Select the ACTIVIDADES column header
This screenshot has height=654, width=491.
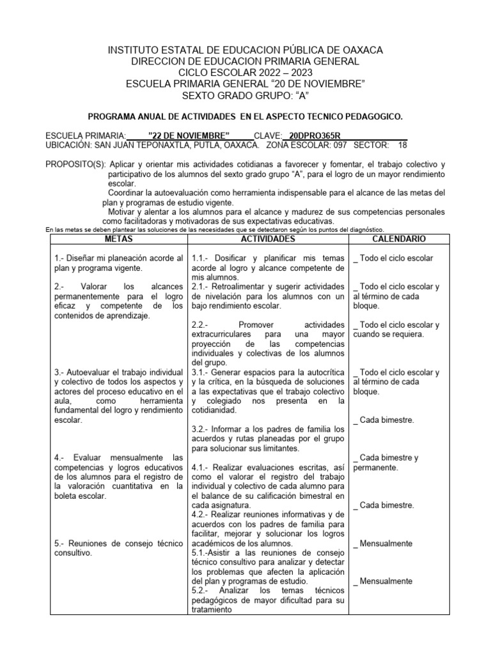[x=267, y=239]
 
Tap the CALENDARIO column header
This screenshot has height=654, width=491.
[x=398, y=239]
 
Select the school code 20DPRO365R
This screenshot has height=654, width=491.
[x=315, y=136]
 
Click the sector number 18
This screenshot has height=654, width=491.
[x=402, y=145]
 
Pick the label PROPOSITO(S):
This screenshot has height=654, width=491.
[x=75, y=164]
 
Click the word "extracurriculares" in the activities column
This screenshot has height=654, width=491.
[x=221, y=334]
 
